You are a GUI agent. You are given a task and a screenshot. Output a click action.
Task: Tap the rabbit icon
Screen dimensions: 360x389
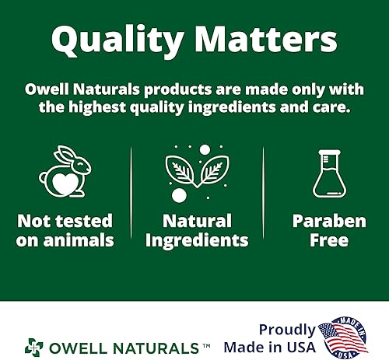coord(65,173)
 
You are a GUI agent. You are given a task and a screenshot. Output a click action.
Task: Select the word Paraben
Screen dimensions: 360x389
coord(328,221)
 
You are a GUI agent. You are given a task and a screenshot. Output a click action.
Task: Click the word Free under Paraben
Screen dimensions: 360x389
coord(328,239)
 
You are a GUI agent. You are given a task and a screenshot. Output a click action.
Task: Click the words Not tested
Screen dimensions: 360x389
coord(65,221)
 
